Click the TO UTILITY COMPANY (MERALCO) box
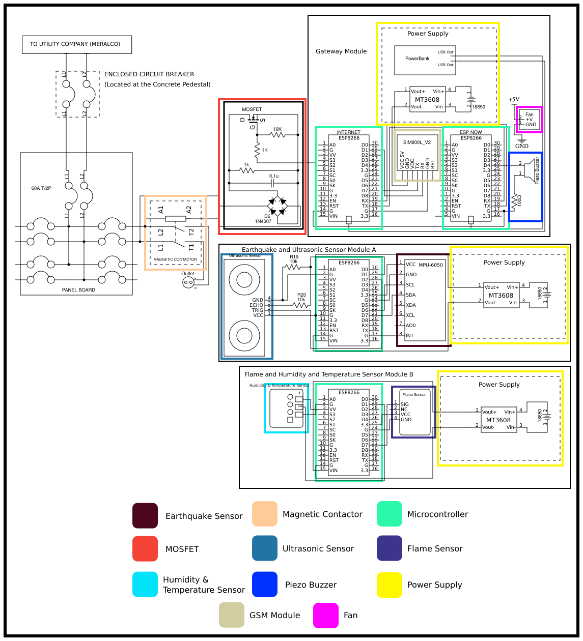(77, 44)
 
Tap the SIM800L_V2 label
(417, 142)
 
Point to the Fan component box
(530, 120)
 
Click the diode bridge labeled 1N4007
(277, 206)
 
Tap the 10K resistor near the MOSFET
(277, 135)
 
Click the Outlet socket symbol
(188, 282)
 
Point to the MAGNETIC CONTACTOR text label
(175, 259)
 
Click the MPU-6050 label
(431, 265)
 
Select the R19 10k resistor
(294, 267)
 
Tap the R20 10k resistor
(301, 305)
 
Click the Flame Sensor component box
(414, 412)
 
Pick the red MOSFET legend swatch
(145, 548)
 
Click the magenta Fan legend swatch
(326, 615)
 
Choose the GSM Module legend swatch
(232, 615)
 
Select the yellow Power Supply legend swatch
(390, 585)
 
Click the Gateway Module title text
(341, 51)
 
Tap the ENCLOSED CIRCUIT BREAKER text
(149, 74)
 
